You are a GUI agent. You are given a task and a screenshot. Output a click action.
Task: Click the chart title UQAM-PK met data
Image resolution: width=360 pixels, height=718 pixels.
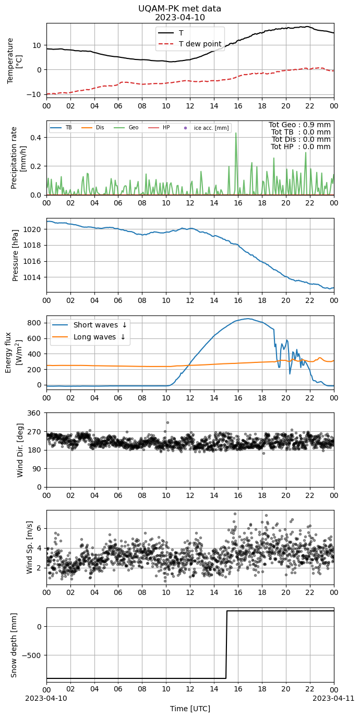179,8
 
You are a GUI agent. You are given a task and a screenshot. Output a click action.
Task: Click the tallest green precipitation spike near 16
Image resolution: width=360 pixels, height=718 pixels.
236,133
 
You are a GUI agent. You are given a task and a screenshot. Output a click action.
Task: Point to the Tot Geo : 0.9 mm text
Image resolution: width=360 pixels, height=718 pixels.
299,125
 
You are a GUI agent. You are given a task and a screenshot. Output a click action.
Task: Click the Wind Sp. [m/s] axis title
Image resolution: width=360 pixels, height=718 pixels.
30,547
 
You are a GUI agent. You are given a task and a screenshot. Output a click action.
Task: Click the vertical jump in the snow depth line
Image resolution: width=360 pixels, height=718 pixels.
226,644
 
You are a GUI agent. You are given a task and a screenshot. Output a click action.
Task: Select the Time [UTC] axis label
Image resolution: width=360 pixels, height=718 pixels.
190,709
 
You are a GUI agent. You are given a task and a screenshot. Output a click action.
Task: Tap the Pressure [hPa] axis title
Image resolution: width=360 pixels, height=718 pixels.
15,255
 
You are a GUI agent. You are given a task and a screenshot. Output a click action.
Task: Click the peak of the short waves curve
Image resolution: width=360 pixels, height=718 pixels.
247,319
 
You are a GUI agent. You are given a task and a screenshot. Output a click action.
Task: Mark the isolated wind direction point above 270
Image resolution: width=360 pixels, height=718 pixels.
167,423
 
